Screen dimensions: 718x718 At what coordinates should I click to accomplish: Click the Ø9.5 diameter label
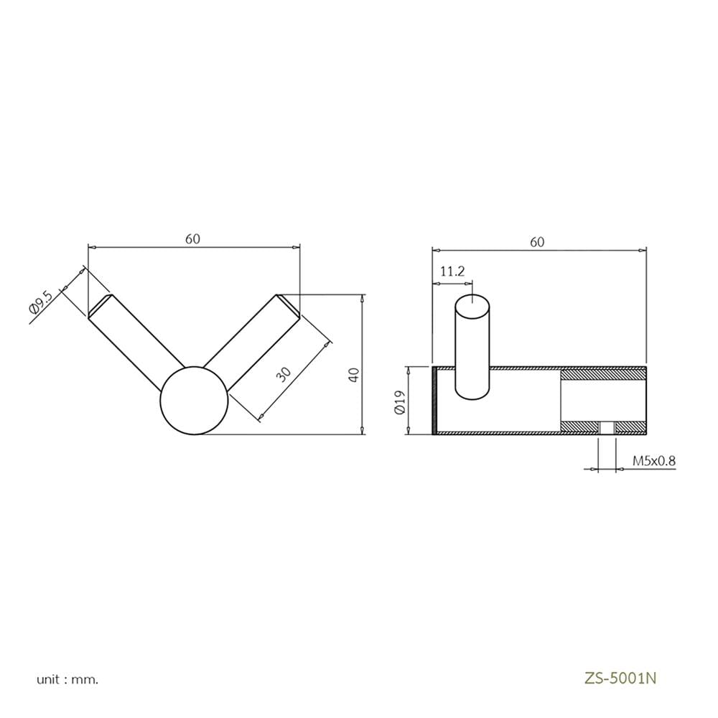42,302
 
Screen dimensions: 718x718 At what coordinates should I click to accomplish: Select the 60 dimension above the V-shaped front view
192,239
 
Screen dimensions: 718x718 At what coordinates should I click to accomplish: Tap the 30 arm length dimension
284,374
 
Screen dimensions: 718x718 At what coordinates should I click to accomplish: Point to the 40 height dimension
355,375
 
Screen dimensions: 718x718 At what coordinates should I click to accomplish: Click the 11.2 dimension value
452,271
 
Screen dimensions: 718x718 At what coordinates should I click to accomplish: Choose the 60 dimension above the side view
537,242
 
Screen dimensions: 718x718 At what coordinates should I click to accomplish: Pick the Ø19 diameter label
400,403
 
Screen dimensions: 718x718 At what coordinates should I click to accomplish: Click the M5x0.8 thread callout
654,461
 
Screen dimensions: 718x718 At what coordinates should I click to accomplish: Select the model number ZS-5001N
620,679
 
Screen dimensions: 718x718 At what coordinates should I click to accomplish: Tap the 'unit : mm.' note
67,679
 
